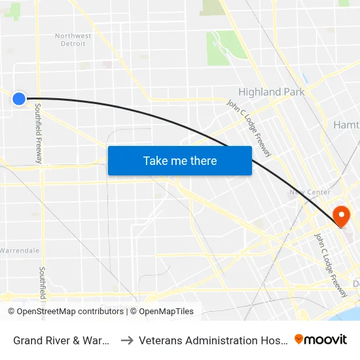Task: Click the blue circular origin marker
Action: pyautogui.click(x=19, y=99)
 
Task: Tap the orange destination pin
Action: pyautogui.click(x=341, y=216)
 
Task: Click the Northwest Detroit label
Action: pyautogui.click(x=73, y=40)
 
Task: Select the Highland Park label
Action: pyautogui.click(x=271, y=92)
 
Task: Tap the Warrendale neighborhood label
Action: pyautogui.click(x=20, y=251)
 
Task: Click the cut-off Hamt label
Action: pyautogui.click(x=346, y=125)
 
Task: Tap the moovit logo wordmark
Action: pyautogui.click(x=321, y=339)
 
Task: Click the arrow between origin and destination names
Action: pyautogui.click(x=126, y=340)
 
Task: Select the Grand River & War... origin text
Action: pyautogui.click(x=61, y=340)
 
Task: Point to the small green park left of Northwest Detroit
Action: pyautogui.click(x=12, y=11)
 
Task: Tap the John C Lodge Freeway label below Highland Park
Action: pyautogui.click(x=249, y=128)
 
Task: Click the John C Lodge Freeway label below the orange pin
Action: pyautogui.click(x=330, y=265)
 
